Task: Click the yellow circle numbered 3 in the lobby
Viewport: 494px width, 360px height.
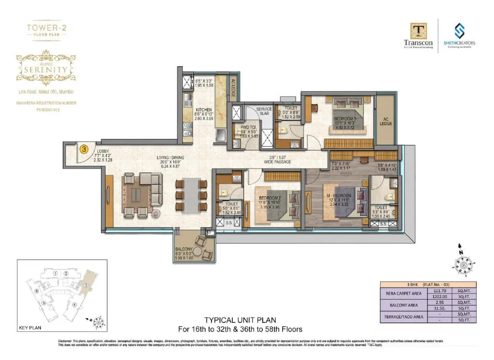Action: (x=84, y=149)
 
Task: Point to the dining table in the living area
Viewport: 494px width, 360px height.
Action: (x=192, y=194)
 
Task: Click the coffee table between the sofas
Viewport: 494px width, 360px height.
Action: (x=137, y=194)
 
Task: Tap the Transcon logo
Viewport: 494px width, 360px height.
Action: (x=418, y=36)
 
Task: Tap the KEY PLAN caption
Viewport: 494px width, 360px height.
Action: (x=30, y=328)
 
